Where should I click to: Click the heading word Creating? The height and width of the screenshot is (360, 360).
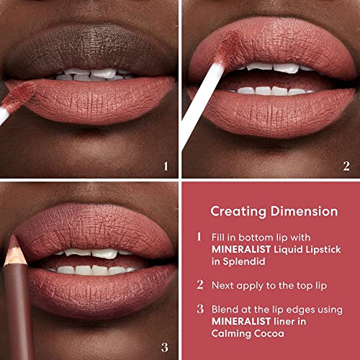coord(238,212)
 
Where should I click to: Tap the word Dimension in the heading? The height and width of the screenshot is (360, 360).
coord(305,211)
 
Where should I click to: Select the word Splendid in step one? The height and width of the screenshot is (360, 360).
coord(244,261)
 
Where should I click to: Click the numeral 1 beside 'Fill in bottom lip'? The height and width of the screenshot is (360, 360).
coord(199,236)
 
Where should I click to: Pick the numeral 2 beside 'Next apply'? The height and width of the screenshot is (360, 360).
coord(200,284)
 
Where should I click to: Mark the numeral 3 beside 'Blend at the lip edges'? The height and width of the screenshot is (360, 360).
coord(200,309)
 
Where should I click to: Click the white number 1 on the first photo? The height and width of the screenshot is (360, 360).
coord(166,166)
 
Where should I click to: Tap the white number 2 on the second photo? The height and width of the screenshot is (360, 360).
coord(346,166)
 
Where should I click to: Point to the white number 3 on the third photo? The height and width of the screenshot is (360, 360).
coord(165,348)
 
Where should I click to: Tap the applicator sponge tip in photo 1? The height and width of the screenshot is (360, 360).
coord(19,96)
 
